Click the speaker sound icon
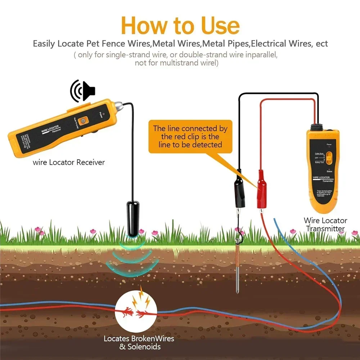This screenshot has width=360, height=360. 83,91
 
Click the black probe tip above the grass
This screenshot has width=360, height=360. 132,219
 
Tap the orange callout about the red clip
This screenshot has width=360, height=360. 190,136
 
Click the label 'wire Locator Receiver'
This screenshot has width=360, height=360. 69,162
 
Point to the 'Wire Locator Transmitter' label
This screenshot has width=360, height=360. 325,224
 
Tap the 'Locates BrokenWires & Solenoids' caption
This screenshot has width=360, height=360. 139,343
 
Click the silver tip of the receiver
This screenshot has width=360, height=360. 118,106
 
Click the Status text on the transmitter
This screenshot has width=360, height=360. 329,172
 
